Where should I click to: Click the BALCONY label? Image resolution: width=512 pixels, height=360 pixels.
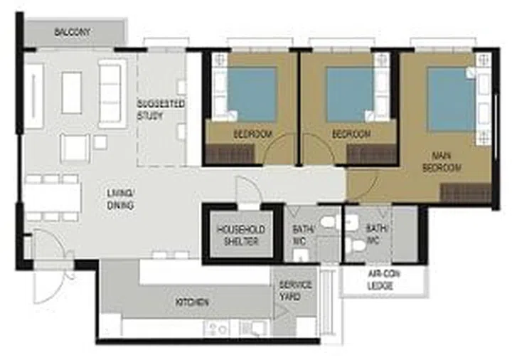[73, 33]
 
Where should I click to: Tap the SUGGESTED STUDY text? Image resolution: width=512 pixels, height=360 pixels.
[161, 110]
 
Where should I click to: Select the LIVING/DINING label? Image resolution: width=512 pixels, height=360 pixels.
[120, 199]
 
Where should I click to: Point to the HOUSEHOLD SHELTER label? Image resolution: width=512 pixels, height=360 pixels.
[241, 235]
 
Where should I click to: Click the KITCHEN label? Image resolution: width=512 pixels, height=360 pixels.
[192, 302]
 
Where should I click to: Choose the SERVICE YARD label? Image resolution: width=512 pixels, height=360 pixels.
[295, 290]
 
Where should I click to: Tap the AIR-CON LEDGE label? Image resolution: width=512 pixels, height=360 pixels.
[385, 280]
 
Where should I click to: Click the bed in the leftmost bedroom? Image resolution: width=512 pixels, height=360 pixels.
[251, 94]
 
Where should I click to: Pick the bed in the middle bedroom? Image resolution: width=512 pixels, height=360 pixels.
[349, 95]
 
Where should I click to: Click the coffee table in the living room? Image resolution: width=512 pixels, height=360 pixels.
[71, 92]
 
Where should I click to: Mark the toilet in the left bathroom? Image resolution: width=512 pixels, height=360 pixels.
[329, 223]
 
